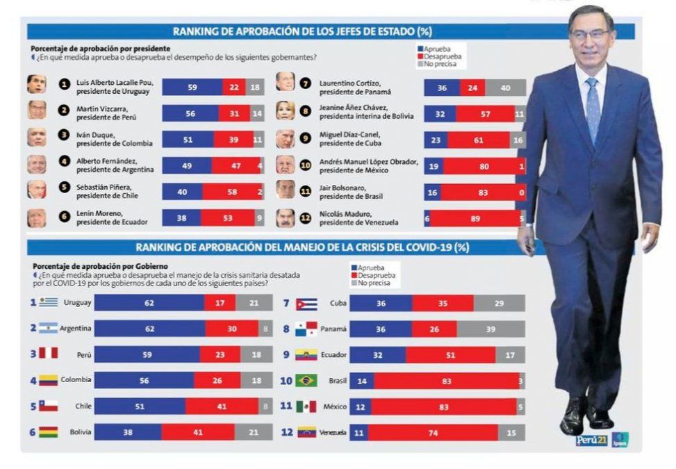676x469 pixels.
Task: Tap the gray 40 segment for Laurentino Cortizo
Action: tap(505, 88)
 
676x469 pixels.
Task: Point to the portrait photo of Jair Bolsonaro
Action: tap(285, 189)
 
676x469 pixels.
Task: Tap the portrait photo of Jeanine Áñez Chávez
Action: tap(285, 111)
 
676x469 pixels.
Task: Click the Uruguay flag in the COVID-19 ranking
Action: tap(48, 302)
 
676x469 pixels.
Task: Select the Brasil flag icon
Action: tap(306, 380)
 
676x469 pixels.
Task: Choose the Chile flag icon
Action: tap(48, 406)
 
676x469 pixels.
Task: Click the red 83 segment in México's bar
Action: tap(443, 406)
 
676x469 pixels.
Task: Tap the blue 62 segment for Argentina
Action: tap(149, 328)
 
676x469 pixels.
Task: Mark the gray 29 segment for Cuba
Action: tap(499, 303)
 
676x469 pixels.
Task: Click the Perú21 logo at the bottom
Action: tap(591, 440)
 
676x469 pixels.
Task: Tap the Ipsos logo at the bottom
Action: tap(619, 440)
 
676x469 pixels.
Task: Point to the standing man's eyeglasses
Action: tap(589, 33)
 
